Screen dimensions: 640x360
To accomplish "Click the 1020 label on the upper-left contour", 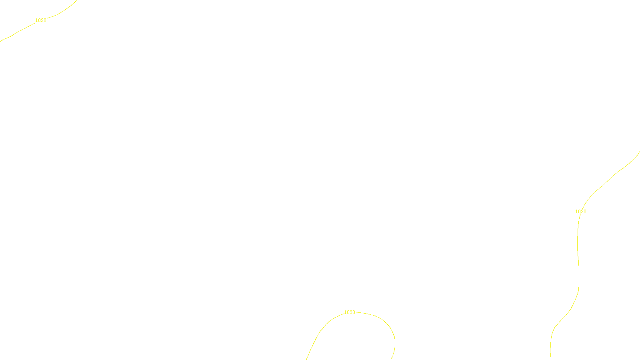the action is click(41, 20).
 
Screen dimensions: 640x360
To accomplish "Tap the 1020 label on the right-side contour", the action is click(580, 212).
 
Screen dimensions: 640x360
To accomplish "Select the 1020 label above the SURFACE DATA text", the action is click(349, 312).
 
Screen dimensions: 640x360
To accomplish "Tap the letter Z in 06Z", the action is click(306, 353).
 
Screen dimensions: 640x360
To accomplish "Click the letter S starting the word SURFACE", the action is click(312, 353).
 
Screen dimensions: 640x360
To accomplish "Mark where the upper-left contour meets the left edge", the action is click(0, 41).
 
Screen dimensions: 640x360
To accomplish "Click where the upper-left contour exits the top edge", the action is click(77, 0).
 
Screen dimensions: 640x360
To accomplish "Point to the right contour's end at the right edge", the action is click(639, 152).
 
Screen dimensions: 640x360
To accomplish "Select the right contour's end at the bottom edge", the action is click(551, 359).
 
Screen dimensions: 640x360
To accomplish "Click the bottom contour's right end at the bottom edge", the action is click(391, 359).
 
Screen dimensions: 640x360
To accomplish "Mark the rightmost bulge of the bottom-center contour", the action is click(395, 342).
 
